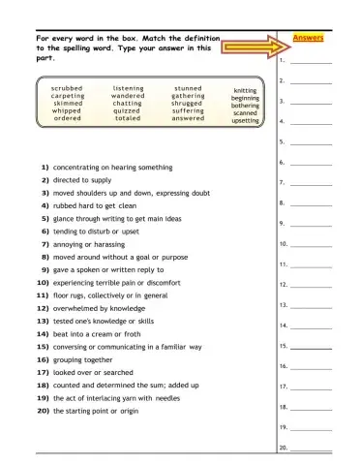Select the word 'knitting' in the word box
[x=246, y=91]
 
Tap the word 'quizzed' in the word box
[x=128, y=111]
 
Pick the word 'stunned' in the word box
[x=188, y=88]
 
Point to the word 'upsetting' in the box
[x=246, y=121]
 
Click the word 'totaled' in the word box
[x=128, y=119]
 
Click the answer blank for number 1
[x=311, y=61]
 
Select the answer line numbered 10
[x=311, y=245]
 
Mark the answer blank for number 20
[x=311, y=449]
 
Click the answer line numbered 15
[x=311, y=347]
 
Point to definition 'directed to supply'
[x=82, y=180]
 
